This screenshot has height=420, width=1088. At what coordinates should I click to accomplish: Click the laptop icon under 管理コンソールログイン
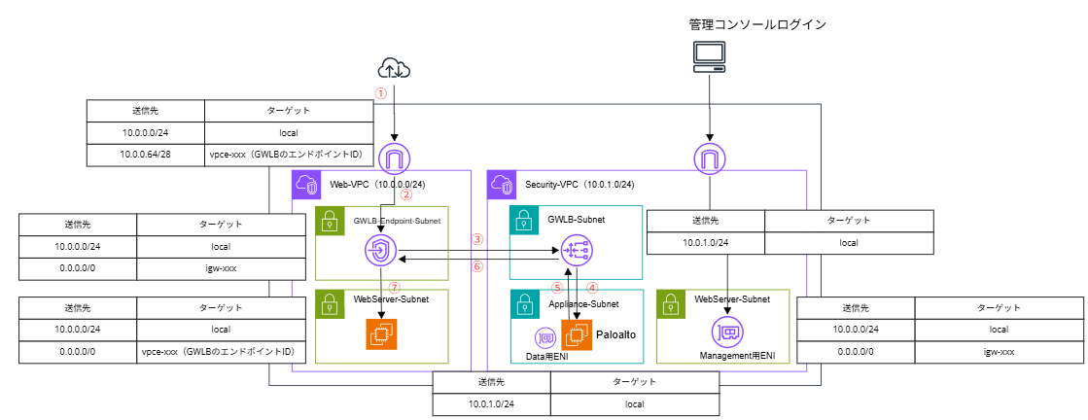[x=709, y=57]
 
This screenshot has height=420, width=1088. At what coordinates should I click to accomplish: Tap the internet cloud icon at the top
[x=394, y=68]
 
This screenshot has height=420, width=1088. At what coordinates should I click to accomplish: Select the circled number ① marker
[x=381, y=93]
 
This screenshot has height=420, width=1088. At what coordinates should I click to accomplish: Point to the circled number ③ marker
[x=476, y=239]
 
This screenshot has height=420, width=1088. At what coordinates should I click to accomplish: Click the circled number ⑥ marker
[x=476, y=266]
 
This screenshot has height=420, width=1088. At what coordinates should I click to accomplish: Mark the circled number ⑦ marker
[x=394, y=288]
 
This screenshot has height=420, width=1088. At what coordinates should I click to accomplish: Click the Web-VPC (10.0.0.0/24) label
[x=378, y=184]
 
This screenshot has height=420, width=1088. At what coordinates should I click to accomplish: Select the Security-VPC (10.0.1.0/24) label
[x=579, y=184]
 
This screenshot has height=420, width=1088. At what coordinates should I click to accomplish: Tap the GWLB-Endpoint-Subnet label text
[x=396, y=221]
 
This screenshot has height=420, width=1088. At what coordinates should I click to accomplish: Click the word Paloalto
[x=614, y=333]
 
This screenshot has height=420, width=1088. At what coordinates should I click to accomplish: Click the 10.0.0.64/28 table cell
[x=145, y=156]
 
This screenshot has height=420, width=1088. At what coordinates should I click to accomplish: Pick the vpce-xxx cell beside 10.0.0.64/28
[x=289, y=156]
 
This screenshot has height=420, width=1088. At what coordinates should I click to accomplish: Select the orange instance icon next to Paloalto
[x=577, y=334]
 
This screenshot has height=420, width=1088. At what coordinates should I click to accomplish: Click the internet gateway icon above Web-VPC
[x=394, y=157]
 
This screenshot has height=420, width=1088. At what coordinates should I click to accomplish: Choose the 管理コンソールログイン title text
[x=757, y=24]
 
